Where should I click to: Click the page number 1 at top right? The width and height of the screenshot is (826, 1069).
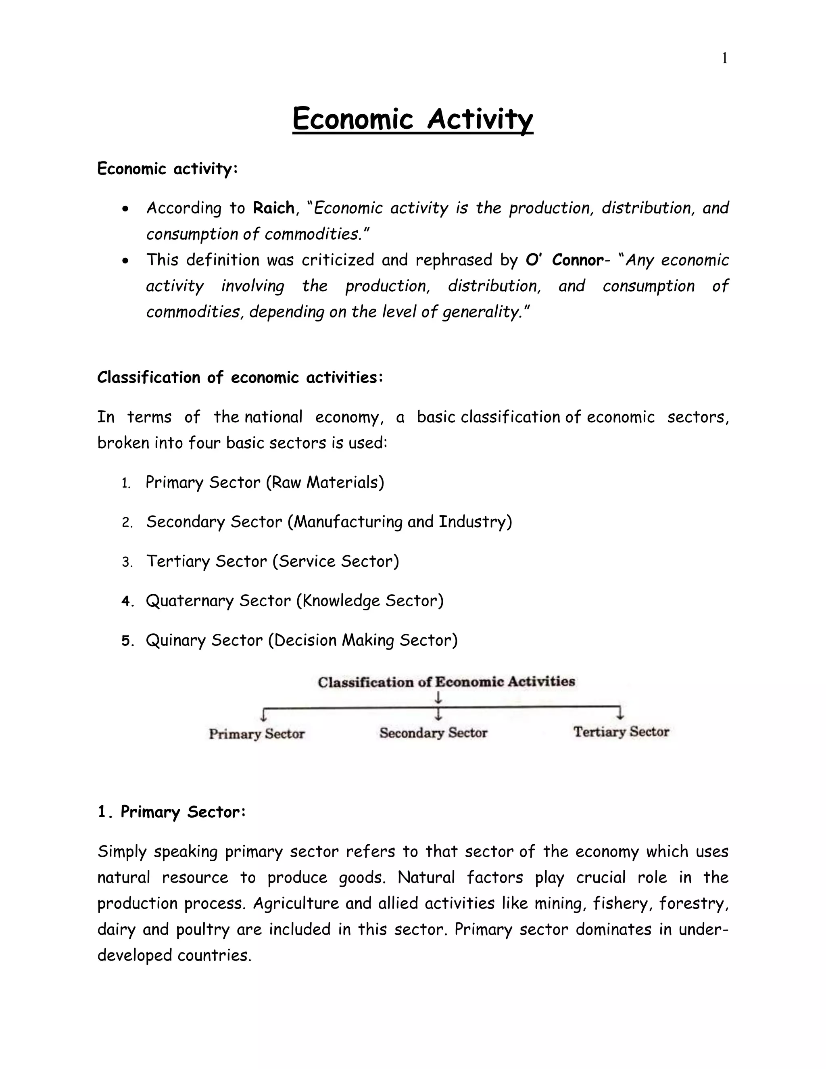[x=725, y=59]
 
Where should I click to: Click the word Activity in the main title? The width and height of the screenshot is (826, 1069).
[x=480, y=119]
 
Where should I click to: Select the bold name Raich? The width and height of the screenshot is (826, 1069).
[x=273, y=208]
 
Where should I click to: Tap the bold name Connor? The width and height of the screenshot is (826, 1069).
[x=578, y=260]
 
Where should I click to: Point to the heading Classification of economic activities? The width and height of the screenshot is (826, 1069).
[x=240, y=378]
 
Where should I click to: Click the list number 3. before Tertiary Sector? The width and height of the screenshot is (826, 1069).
[x=127, y=562]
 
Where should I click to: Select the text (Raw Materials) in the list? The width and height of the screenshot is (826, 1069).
[x=325, y=482]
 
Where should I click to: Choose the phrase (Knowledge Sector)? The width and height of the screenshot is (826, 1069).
[x=370, y=601]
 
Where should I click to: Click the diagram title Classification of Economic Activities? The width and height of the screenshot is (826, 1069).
[x=446, y=682]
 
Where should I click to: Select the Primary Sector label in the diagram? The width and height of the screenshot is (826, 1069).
[x=257, y=734]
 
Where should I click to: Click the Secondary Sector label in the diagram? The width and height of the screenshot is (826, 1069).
[x=433, y=733]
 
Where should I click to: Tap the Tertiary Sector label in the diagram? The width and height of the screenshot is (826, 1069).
[x=621, y=732]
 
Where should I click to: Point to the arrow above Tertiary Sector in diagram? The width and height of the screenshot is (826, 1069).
[x=620, y=714]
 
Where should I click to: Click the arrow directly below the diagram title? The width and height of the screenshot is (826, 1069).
[x=439, y=697]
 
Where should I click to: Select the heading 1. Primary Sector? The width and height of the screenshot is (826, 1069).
[x=171, y=812]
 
